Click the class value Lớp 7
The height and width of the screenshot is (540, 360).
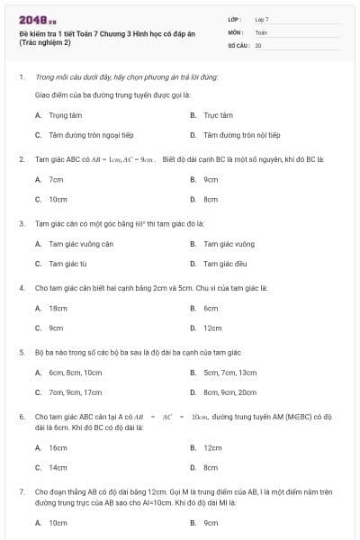262,19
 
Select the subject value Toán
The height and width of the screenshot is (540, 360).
261,31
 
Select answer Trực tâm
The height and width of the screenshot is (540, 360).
218,115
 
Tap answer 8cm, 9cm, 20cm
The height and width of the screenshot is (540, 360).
229,392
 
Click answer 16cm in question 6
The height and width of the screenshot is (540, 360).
58,447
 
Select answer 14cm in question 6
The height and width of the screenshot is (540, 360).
58,467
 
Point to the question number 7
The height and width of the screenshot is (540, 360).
21,492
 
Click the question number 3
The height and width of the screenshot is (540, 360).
21,222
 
